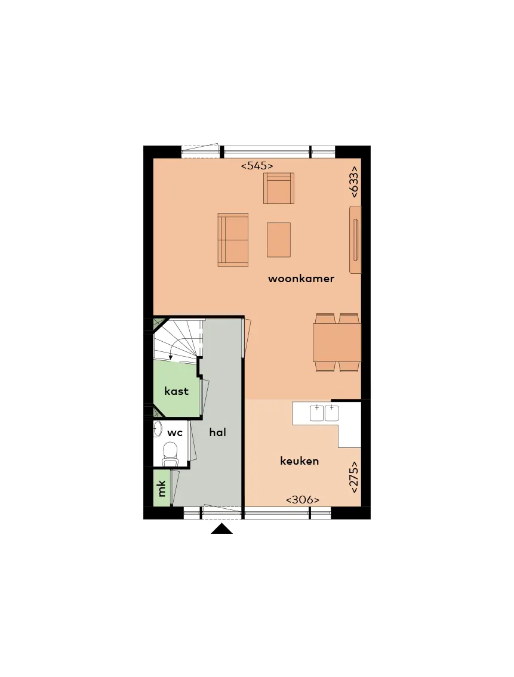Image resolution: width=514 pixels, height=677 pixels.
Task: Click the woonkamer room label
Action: pyautogui.click(x=301, y=279)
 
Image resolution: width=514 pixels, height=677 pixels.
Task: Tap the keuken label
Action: pyautogui.click(x=300, y=461)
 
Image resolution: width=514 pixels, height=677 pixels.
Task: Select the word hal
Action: pyautogui.click(x=217, y=432)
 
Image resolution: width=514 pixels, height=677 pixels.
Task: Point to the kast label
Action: pyautogui.click(x=176, y=391)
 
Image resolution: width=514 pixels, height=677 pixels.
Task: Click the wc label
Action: pyautogui.click(x=175, y=433)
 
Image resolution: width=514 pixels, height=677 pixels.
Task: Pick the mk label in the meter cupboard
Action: pyautogui.click(x=162, y=489)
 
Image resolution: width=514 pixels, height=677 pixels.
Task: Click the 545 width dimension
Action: pyautogui.click(x=257, y=166)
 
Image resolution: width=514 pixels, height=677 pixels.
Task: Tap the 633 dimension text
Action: pyautogui.click(x=353, y=182)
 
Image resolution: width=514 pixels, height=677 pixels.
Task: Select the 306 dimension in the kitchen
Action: pyautogui.click(x=303, y=500)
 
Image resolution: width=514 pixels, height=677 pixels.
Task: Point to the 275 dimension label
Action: pyautogui.click(x=353, y=477)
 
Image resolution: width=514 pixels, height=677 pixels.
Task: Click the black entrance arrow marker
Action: pyautogui.click(x=221, y=529)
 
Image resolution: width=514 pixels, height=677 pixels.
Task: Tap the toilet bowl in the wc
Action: pyautogui.click(x=170, y=455)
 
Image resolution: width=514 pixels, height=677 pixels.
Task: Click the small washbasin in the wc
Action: pyautogui.click(x=158, y=429)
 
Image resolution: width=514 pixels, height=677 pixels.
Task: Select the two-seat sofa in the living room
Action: pyautogui.click(x=233, y=240)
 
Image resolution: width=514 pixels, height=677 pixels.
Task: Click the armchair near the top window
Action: pyautogui.click(x=279, y=188)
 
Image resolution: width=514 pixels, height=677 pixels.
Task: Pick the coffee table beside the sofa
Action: pyautogui.click(x=279, y=240)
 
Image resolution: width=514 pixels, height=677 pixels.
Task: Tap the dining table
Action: pyautogui.click(x=337, y=342)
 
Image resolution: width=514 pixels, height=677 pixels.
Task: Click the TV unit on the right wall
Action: pyautogui.click(x=355, y=240)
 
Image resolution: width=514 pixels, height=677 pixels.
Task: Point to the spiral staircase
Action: pyautogui.click(x=178, y=339)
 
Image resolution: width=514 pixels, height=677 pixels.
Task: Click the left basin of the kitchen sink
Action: pyautogui.click(x=317, y=413)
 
